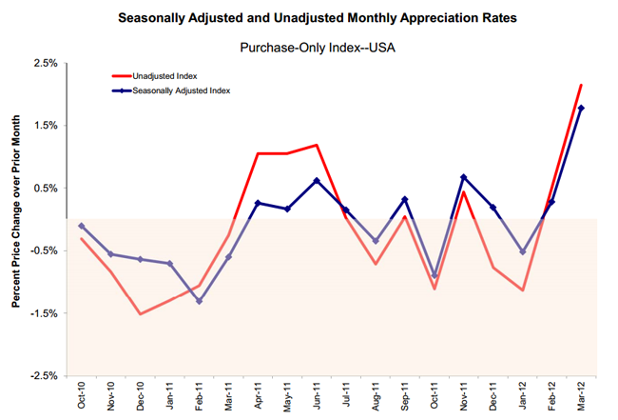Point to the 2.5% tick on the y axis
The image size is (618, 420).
46,63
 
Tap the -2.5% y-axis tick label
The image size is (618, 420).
44,376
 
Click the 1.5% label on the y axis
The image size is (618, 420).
46,126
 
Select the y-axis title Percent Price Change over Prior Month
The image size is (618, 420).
16,219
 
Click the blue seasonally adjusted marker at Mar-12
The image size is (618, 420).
581,108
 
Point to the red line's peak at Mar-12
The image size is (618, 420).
581,85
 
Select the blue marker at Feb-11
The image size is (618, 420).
199,301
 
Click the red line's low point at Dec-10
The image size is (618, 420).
141,314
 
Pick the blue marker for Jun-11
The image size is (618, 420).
317,180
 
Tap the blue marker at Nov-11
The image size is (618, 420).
463,177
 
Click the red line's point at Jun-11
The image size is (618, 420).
317,146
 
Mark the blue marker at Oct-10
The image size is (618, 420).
82,226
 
